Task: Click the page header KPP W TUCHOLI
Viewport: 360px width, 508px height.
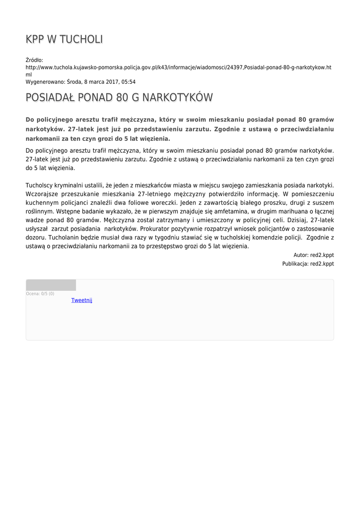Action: (65, 40)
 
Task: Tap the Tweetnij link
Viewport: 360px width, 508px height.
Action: (82, 300)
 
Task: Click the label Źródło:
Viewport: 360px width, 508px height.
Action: (34, 60)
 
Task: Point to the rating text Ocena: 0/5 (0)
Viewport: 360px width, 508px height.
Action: (40, 294)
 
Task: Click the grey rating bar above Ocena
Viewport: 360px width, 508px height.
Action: (51, 285)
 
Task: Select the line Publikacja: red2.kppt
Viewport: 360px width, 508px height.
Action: (308, 264)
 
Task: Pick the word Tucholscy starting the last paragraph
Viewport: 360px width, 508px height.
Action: (41, 185)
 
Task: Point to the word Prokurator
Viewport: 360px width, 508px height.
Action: (156, 229)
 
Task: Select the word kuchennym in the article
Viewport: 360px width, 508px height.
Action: (41, 202)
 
